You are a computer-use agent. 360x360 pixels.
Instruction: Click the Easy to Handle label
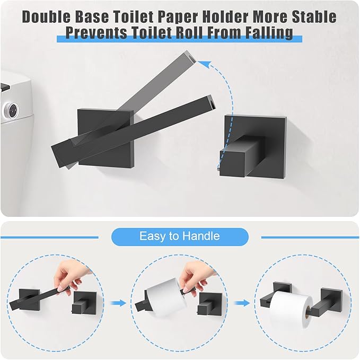179,236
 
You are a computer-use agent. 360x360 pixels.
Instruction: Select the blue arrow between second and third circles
241,303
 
